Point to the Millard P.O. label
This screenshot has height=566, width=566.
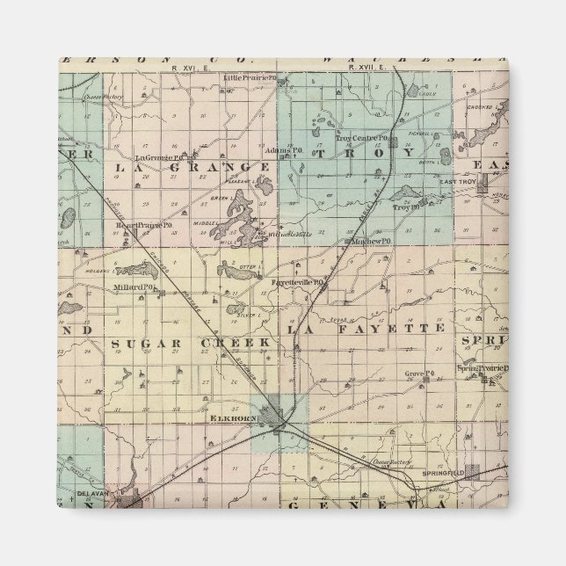(134, 287)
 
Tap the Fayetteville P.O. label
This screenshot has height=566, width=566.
(299, 283)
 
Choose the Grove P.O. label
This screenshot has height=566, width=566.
(420, 374)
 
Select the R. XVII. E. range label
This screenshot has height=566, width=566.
(364, 68)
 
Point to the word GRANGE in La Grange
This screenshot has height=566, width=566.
(217, 167)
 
